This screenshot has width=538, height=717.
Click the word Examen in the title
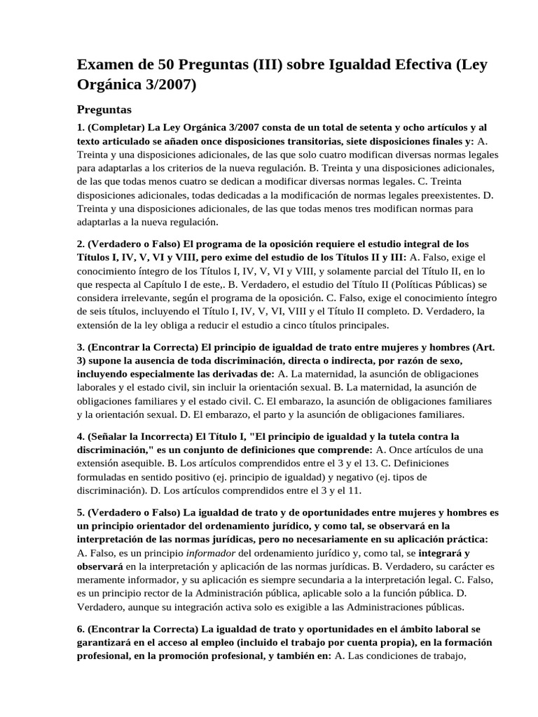(x=106, y=65)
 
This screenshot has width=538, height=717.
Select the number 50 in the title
(x=172, y=65)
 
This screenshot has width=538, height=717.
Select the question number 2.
(x=81, y=244)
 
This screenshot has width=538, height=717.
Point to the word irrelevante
(x=112, y=298)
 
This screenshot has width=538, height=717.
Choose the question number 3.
(x=81, y=347)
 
